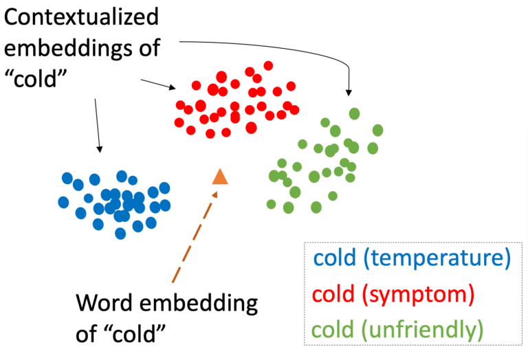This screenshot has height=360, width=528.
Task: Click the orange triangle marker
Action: (x=220, y=177)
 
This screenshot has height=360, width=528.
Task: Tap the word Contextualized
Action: (x=81, y=16)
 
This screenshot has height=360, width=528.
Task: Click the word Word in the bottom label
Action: (x=104, y=302)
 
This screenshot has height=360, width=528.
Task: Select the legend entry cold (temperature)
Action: (x=412, y=258)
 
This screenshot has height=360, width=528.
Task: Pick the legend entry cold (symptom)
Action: (x=393, y=294)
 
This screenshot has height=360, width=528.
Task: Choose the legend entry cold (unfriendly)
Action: (x=397, y=330)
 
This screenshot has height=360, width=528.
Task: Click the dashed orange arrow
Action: (x=195, y=237)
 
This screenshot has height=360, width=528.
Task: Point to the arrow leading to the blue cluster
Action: (x=98, y=126)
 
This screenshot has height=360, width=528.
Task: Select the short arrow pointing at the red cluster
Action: (x=158, y=84)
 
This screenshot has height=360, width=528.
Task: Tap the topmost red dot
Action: (x=268, y=65)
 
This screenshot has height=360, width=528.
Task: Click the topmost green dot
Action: (x=354, y=114)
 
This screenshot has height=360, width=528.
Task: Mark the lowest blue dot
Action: (x=120, y=234)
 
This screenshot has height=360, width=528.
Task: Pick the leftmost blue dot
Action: (x=63, y=202)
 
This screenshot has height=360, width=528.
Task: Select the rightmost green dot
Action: (x=378, y=131)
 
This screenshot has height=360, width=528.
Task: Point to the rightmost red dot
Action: (x=294, y=110)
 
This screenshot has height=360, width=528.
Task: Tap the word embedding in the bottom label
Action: (x=199, y=304)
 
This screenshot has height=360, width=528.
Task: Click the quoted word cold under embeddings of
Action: (x=36, y=79)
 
